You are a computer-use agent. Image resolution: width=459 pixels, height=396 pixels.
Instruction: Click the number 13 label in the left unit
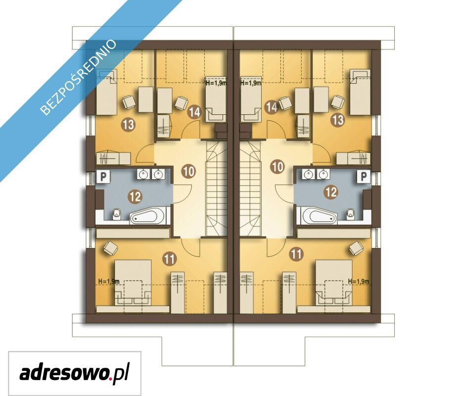pyautogui.click(x=129, y=125)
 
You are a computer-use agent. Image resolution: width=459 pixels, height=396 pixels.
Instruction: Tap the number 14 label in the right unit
pyautogui.click(x=272, y=107)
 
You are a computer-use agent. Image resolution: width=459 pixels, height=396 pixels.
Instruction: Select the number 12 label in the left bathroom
pyautogui.click(x=136, y=197)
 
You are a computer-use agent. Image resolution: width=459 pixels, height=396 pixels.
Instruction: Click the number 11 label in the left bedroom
pyautogui.click(x=170, y=259)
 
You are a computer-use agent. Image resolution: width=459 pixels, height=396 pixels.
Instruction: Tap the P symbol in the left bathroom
pyautogui.click(x=103, y=177)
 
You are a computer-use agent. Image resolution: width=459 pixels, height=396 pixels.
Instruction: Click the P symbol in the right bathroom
pyautogui.click(x=364, y=177)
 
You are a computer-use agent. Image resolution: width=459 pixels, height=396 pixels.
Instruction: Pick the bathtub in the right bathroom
pyautogui.click(x=319, y=216)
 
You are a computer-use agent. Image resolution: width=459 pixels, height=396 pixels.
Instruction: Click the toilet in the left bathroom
pyautogui.click(x=117, y=214)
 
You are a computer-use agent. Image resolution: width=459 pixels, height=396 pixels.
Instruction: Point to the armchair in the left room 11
pyautogui.click(x=110, y=248)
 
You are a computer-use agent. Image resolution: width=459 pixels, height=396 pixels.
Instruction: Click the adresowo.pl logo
pyautogui.click(x=75, y=373)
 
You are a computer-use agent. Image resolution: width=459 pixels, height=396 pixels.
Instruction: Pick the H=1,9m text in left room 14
pyautogui.click(x=216, y=83)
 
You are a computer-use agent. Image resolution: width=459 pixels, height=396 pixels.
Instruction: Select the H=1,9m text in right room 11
pyautogui.click(x=359, y=282)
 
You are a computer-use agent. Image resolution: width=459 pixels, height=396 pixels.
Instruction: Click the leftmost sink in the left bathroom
pyautogui.click(x=143, y=175)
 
